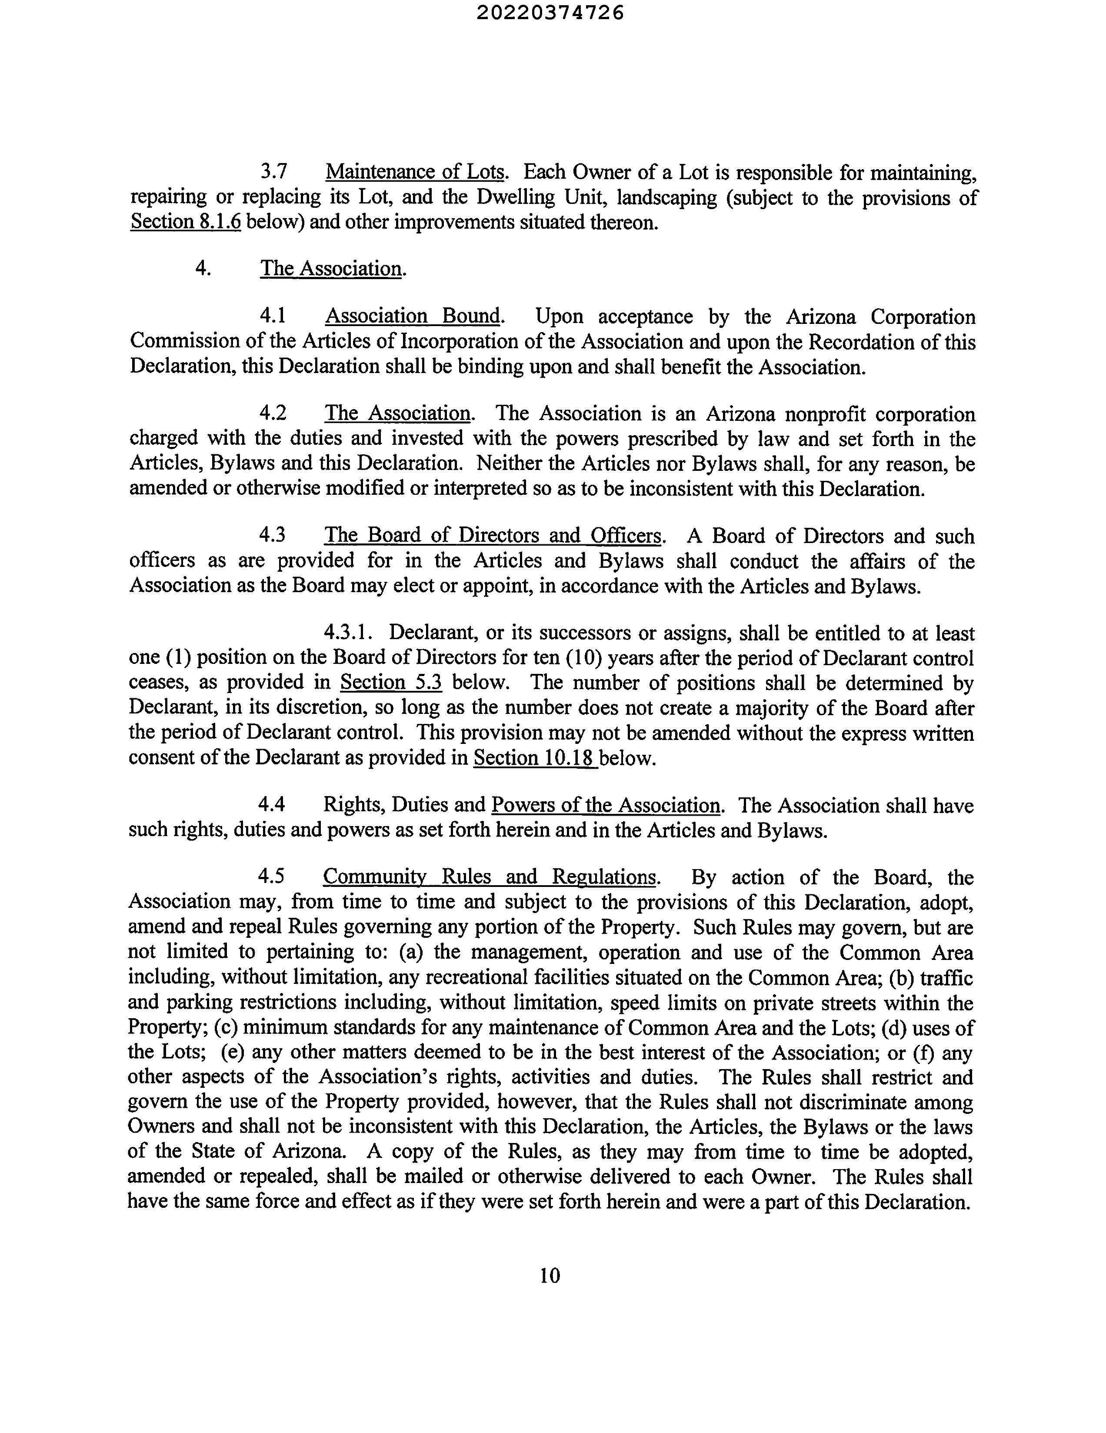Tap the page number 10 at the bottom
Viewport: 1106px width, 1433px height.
550,1275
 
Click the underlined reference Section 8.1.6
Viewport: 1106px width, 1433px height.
186,222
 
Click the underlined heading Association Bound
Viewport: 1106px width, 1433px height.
413,316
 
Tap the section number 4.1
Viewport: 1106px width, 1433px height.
273,316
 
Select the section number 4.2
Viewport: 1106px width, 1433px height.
273,413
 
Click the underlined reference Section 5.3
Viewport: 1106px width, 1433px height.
391,683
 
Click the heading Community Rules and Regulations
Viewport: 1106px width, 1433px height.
490,877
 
